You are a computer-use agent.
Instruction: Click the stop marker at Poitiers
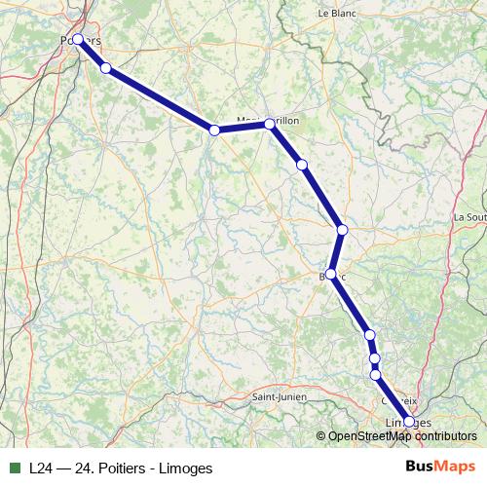(x=78, y=40)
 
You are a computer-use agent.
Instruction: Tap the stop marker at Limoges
(x=409, y=422)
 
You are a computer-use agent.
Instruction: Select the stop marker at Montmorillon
(x=270, y=125)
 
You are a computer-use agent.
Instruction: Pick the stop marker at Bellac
(x=331, y=274)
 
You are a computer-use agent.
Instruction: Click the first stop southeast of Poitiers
(x=106, y=68)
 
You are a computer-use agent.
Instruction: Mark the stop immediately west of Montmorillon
(x=213, y=130)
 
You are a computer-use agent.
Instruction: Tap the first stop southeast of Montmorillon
(x=302, y=165)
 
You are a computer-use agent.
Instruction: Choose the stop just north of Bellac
(x=342, y=230)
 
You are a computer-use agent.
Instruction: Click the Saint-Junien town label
(x=280, y=396)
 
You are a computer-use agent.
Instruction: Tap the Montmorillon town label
(x=269, y=120)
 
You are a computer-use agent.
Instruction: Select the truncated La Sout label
(x=469, y=217)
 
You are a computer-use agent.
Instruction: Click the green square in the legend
(x=16, y=468)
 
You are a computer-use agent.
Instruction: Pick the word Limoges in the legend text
(x=189, y=468)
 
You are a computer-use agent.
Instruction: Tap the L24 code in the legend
(x=41, y=468)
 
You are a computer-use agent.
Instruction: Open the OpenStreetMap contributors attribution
(x=402, y=436)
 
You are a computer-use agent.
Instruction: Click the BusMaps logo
(x=441, y=467)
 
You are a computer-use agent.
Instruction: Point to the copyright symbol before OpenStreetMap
(x=321, y=436)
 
